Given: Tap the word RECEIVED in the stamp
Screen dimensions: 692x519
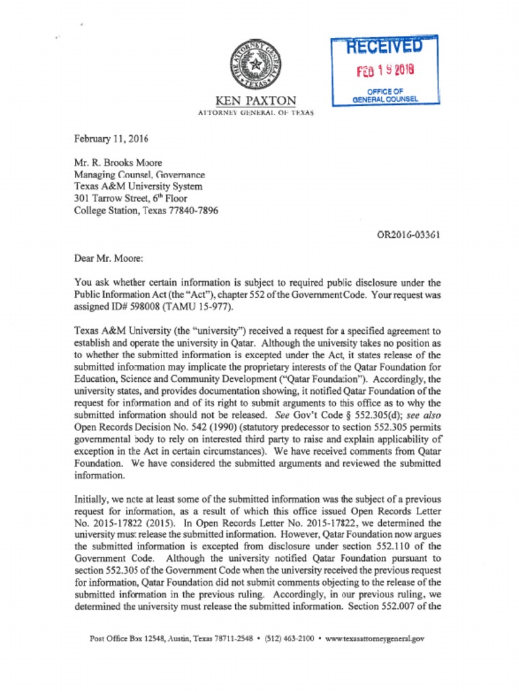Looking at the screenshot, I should [x=385, y=47].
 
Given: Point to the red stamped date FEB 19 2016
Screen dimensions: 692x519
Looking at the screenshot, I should [x=385, y=70].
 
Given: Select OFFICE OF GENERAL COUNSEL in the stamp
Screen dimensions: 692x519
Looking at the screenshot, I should [x=385, y=95].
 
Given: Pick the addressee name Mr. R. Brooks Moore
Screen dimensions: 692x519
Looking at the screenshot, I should [x=118, y=163].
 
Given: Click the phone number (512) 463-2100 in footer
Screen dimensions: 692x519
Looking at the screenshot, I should [x=289, y=638].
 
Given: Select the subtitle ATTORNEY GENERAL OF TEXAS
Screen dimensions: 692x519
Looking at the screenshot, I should [x=255, y=113].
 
